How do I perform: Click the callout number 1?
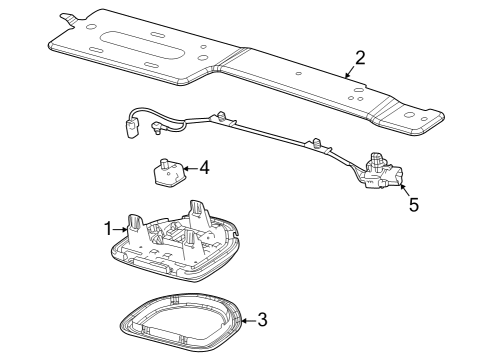coord(108,229)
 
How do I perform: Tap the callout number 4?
coord(204,168)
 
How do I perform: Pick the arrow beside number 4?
coord(189,170)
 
